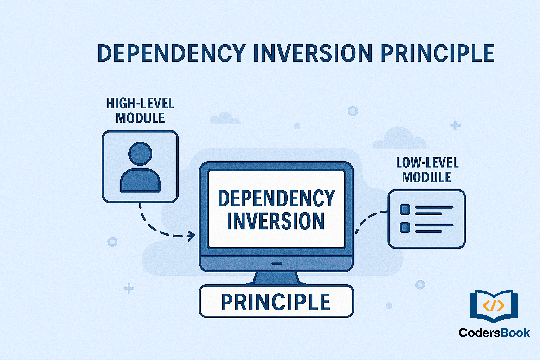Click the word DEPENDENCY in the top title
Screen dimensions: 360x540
point(171,53)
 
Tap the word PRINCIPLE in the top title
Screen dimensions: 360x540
point(437,53)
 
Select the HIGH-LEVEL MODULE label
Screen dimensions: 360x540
point(140,110)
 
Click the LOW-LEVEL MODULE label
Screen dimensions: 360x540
point(427,170)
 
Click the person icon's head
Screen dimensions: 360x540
point(140,154)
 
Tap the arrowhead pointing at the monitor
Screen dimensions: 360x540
point(192,236)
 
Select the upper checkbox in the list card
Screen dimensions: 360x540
point(405,210)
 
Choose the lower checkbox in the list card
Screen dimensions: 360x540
point(405,227)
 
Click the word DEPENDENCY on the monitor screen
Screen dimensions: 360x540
point(276,198)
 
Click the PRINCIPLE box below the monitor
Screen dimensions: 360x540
point(276,302)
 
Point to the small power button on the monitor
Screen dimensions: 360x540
point(277,263)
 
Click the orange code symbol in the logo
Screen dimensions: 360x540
point(494,306)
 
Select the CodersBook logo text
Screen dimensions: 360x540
point(494,333)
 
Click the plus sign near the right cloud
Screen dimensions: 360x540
point(456,126)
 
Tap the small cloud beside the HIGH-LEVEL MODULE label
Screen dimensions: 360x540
point(225,118)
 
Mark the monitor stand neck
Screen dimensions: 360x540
point(276,278)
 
